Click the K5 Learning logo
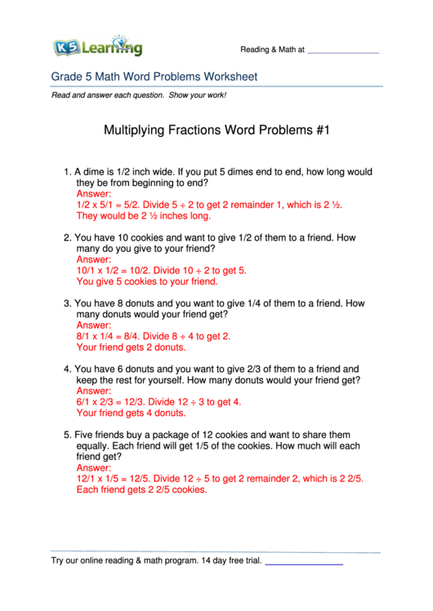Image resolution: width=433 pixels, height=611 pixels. (97, 46)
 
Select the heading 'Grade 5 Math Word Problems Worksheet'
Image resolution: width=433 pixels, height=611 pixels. (154, 77)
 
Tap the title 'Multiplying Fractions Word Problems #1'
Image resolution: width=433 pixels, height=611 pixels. (216, 130)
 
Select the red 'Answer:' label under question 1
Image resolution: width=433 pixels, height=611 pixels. (94, 195)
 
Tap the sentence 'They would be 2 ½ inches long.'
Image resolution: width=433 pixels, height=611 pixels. (144, 216)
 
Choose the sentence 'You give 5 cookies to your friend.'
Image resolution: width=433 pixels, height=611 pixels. (147, 281)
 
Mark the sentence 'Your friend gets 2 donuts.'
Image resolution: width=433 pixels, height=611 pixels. (130, 347)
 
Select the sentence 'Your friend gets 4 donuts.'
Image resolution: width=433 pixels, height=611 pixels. (130, 413)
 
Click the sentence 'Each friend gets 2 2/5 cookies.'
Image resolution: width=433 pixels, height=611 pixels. (141, 490)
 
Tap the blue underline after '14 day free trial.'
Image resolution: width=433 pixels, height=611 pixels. (304, 563)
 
